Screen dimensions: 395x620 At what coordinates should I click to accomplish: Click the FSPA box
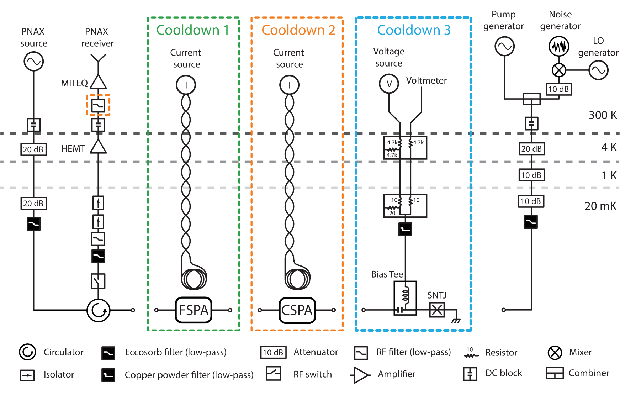[194, 310]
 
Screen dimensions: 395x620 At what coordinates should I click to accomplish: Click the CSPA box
[297, 310]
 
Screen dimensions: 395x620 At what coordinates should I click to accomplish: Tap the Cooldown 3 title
[414, 30]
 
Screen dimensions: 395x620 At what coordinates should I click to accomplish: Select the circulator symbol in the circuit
[99, 310]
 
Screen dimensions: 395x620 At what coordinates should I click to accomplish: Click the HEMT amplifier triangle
[98, 147]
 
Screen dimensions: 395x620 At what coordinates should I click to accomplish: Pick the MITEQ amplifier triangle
[98, 82]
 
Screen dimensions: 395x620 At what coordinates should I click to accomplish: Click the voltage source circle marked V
[389, 84]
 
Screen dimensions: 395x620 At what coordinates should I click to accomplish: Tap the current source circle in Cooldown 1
[186, 85]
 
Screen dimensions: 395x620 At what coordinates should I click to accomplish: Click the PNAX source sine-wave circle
[33, 61]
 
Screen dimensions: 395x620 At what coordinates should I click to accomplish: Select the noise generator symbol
[558, 46]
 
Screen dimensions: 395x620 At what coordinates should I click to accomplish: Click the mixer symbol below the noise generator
[558, 70]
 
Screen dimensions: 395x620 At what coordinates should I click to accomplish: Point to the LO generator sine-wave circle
[598, 70]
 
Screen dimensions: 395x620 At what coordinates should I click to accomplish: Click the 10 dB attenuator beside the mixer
[558, 89]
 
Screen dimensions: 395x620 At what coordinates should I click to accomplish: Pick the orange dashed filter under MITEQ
[98, 105]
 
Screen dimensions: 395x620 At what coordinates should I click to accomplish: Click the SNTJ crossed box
[437, 310]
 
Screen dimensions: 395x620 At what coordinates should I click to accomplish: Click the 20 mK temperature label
[600, 206]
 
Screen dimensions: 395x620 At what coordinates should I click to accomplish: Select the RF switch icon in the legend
[274, 374]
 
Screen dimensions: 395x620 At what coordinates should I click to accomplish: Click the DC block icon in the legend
[470, 374]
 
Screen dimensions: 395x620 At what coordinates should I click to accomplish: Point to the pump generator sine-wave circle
[504, 46]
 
